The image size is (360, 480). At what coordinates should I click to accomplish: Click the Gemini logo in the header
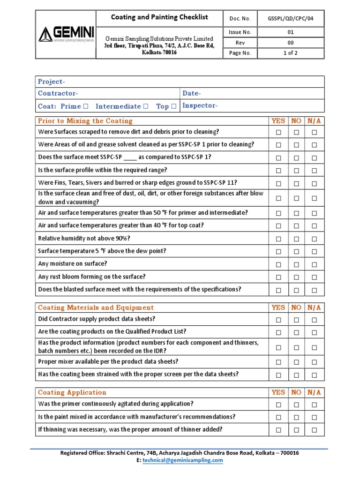(66, 34)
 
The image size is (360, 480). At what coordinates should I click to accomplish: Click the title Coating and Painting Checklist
(159, 17)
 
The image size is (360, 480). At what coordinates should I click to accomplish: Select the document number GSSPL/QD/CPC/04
(290, 19)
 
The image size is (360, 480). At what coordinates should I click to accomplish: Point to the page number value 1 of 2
(290, 53)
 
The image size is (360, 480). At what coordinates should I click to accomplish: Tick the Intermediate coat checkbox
(145, 106)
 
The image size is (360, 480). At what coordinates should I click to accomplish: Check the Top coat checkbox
(174, 106)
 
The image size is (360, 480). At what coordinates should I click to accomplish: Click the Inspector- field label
(200, 105)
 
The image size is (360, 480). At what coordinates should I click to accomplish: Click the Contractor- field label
(58, 93)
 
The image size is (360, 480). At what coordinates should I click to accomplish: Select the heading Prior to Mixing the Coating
(85, 121)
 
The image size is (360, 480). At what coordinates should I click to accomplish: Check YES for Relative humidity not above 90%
(278, 239)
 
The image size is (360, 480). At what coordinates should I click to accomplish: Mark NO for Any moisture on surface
(296, 264)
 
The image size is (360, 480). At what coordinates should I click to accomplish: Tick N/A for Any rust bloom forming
(314, 277)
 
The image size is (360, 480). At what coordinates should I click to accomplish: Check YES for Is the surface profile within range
(278, 171)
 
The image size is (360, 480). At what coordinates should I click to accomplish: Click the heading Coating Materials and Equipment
(96, 307)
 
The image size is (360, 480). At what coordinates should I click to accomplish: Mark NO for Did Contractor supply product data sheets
(296, 320)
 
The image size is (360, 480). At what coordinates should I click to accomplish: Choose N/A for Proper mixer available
(314, 362)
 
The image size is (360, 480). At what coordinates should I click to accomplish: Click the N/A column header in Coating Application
(314, 392)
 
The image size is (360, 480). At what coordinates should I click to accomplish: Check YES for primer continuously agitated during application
(278, 405)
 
